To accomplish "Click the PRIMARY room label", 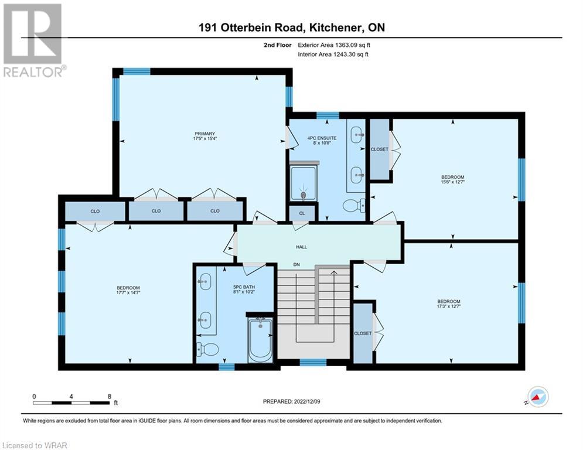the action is point(205,134).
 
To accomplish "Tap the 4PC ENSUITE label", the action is point(322,138).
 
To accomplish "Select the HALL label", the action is point(302,247).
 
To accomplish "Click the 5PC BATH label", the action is point(244,287).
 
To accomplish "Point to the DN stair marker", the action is point(296,265).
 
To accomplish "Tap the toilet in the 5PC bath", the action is point(207,349).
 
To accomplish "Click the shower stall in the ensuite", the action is point(304,183).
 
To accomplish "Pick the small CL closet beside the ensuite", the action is point(302,213).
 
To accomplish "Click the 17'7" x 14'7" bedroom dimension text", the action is point(128,293).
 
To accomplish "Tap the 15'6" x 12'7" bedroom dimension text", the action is point(453,182).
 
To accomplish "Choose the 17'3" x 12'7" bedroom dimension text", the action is point(449,306).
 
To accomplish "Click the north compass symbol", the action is point(538,397).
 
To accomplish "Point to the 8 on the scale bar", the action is point(110,397).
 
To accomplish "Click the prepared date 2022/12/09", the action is point(307,401).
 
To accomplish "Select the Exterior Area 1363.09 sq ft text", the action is point(334,45).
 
